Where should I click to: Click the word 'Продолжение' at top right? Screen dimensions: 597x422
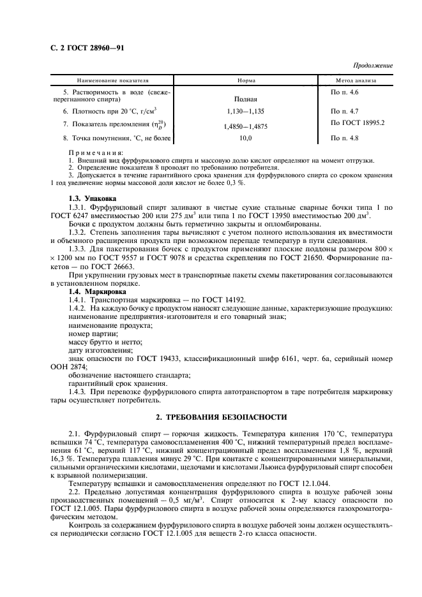click(373, 66)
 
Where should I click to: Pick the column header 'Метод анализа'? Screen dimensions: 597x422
click(356, 82)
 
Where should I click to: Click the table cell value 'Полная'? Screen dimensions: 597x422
click(246, 99)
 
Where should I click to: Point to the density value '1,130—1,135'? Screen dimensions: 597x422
click(246, 111)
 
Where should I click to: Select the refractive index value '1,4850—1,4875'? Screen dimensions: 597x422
click(246, 126)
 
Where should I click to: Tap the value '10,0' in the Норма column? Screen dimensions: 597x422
click(246, 138)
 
